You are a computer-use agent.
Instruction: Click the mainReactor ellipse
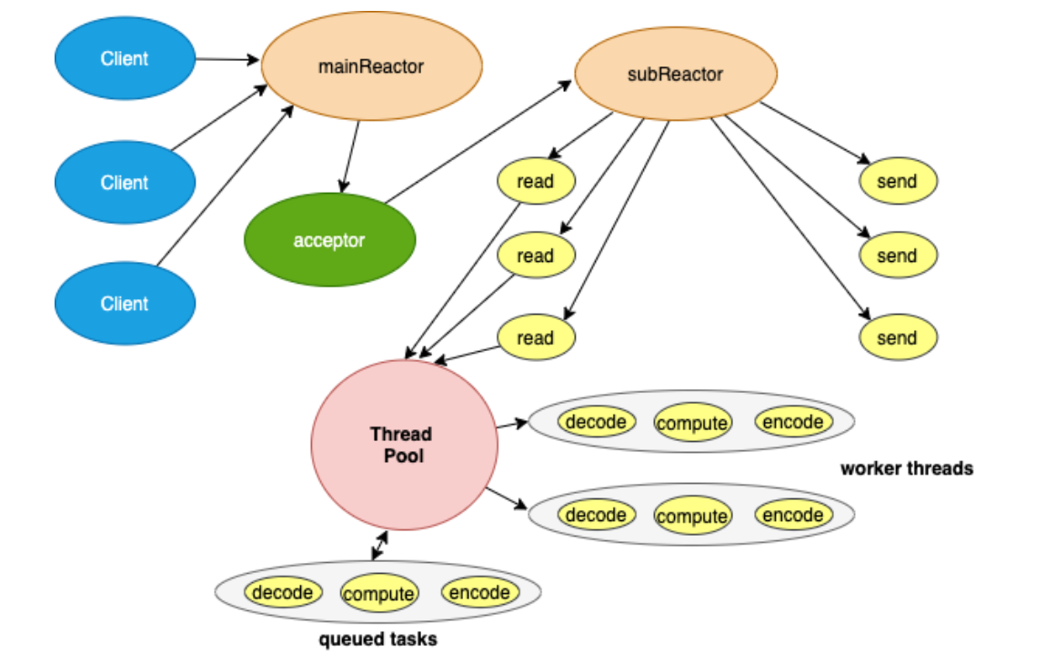371,66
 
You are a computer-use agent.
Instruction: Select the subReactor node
675,75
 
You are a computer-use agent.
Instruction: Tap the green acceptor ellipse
329,241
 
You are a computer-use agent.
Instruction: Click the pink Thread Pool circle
404,444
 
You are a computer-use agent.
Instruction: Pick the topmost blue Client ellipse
125,58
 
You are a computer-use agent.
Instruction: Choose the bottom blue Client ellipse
125,304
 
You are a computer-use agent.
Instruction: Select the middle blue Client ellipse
125,182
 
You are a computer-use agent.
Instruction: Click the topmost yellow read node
536,181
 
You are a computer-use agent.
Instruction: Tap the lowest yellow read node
536,338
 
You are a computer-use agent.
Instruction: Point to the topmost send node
897,181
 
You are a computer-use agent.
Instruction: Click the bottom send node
897,338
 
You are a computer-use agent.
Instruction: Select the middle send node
897,256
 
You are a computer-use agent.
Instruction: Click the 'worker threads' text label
906,469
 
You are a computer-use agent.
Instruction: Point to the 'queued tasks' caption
377,640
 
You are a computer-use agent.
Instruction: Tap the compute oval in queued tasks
378,595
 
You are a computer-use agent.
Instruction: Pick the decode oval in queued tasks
283,593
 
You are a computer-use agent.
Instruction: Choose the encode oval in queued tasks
479,593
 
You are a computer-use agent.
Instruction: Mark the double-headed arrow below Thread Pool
379,546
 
